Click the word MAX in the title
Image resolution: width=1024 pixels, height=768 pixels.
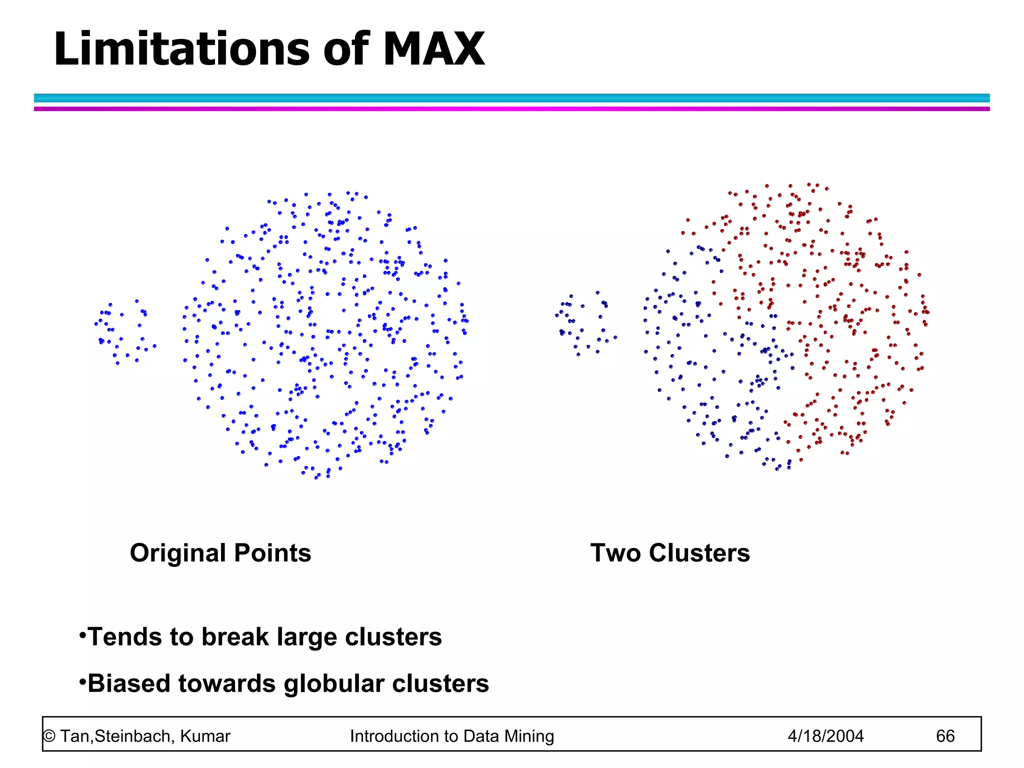click(433, 49)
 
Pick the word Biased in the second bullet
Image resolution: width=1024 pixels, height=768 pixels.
click(129, 683)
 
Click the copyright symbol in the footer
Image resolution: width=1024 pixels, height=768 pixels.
click(49, 736)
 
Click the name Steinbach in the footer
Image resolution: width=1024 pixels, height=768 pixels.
click(133, 736)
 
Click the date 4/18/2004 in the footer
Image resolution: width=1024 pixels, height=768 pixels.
click(825, 736)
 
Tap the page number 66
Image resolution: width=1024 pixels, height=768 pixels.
click(945, 736)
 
